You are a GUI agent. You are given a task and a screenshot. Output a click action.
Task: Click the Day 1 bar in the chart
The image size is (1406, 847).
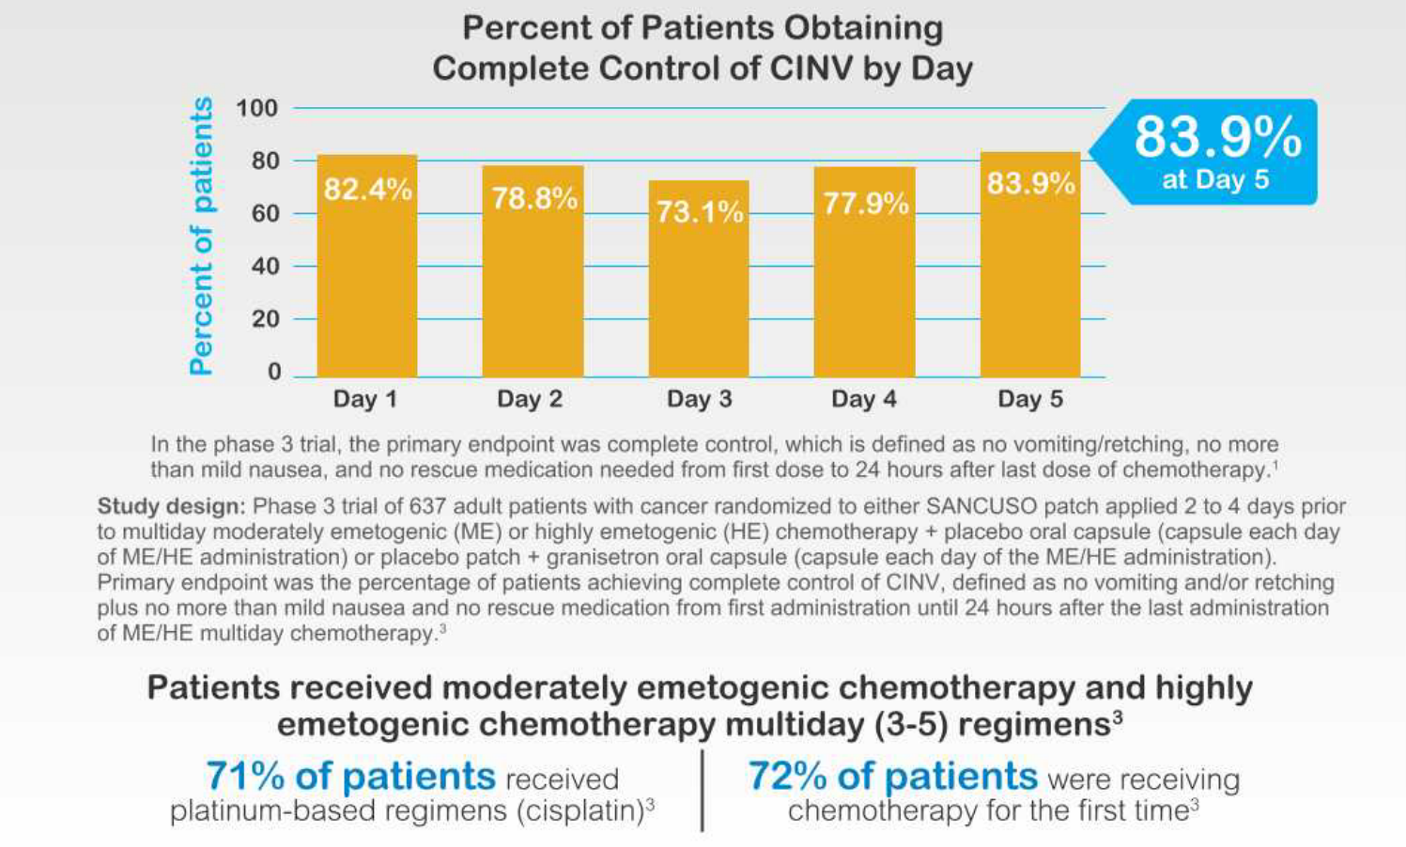click(366, 272)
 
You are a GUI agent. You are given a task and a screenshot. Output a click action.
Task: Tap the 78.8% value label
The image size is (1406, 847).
click(534, 198)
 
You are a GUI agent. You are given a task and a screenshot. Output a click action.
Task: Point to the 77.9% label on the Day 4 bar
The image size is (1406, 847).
click(866, 204)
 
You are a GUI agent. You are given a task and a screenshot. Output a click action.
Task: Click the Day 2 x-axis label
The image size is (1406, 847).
click(530, 399)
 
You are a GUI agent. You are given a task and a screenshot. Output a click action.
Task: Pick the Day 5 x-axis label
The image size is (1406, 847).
click(1030, 399)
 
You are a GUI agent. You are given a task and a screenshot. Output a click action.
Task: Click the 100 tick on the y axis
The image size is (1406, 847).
click(257, 108)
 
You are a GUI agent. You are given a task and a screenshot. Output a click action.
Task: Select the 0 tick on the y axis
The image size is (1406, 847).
click(274, 372)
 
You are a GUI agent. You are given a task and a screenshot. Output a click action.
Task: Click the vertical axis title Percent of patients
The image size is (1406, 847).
click(201, 237)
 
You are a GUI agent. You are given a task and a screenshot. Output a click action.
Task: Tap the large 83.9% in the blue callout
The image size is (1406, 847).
click(1217, 137)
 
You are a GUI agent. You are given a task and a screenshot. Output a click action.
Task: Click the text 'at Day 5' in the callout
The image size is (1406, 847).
click(1215, 179)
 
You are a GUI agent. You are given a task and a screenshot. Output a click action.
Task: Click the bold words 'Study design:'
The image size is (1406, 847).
click(170, 507)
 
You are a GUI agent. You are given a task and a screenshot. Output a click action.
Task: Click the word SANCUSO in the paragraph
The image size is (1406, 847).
click(981, 507)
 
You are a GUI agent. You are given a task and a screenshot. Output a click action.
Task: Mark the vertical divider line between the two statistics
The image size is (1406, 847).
click(703, 791)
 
